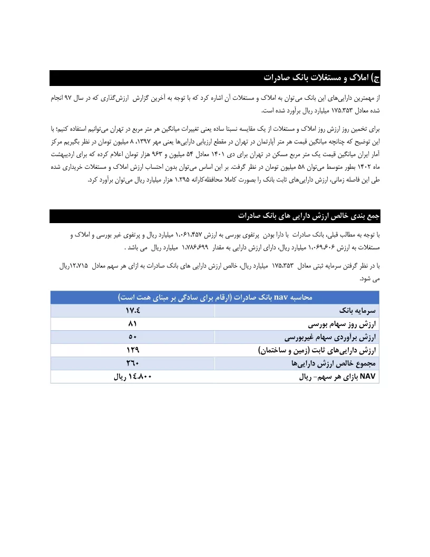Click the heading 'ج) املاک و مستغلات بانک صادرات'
point(321,78)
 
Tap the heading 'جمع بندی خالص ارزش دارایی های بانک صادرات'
point(309,216)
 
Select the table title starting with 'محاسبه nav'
point(215,297)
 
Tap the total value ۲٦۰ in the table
point(133,363)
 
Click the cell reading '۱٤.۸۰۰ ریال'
point(133,377)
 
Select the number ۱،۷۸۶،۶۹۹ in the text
point(196,247)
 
